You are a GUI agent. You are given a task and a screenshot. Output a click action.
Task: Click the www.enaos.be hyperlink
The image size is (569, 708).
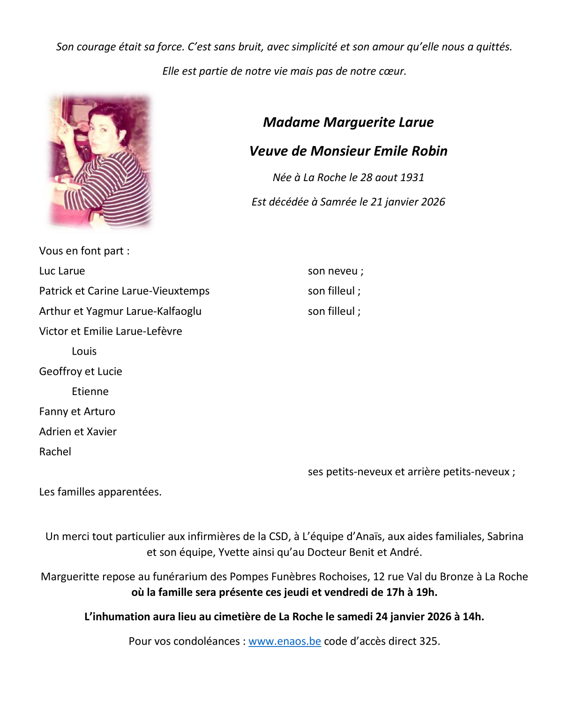point(284,641)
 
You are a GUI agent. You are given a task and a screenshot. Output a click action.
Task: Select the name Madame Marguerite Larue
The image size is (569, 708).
point(348,122)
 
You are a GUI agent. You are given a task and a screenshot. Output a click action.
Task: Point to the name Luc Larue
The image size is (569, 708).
point(62,271)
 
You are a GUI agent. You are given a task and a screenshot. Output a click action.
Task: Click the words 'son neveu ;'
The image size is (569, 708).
point(335,271)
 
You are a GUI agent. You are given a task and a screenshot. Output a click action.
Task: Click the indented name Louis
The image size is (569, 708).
point(84,351)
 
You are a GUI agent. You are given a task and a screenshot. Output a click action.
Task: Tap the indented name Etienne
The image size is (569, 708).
point(90,391)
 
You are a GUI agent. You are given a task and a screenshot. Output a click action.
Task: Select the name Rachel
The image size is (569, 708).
point(55,452)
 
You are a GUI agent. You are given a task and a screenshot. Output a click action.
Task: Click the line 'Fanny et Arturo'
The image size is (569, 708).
point(77,411)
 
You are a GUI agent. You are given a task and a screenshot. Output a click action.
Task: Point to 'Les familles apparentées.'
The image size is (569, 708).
point(100,492)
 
